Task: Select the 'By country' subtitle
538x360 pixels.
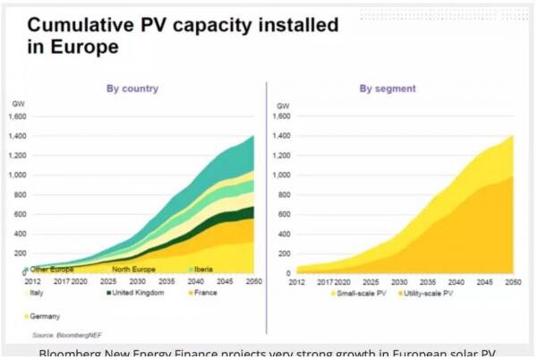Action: point(132,89)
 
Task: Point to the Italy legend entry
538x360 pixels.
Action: point(37,292)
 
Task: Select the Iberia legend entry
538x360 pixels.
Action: point(202,269)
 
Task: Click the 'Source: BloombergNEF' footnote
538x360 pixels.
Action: point(56,333)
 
